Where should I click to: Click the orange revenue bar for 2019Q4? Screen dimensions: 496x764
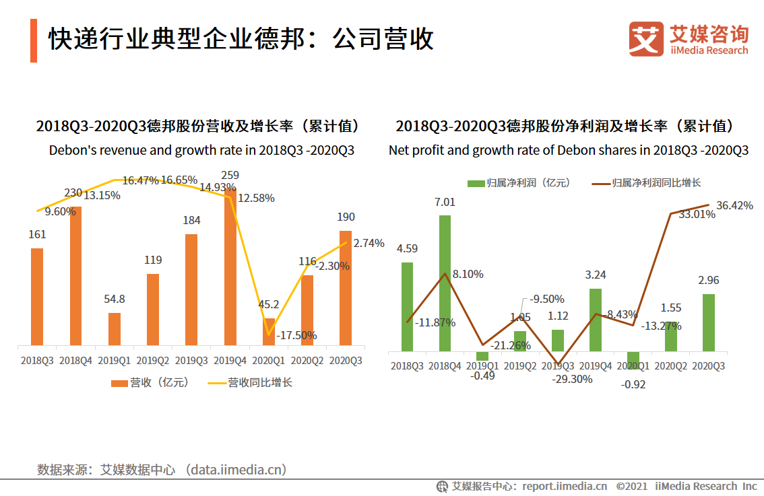click(x=230, y=269)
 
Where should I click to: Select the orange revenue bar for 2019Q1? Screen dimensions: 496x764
click(x=115, y=329)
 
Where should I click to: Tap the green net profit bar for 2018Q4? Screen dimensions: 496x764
click(x=445, y=283)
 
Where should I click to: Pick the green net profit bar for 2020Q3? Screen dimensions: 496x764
click(x=708, y=322)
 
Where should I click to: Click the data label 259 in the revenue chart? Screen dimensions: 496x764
click(x=230, y=176)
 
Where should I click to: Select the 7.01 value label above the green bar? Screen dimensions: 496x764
click(x=445, y=202)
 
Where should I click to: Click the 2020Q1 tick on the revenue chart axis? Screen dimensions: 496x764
click(x=268, y=361)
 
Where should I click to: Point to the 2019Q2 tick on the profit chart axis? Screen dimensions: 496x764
click(x=520, y=366)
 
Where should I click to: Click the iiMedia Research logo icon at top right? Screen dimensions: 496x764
click(x=645, y=39)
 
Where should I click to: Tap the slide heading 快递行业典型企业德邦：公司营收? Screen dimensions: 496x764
click(x=241, y=40)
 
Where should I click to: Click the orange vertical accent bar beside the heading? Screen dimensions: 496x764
click(x=34, y=40)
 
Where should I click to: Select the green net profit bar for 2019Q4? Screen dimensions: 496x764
click(x=595, y=320)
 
